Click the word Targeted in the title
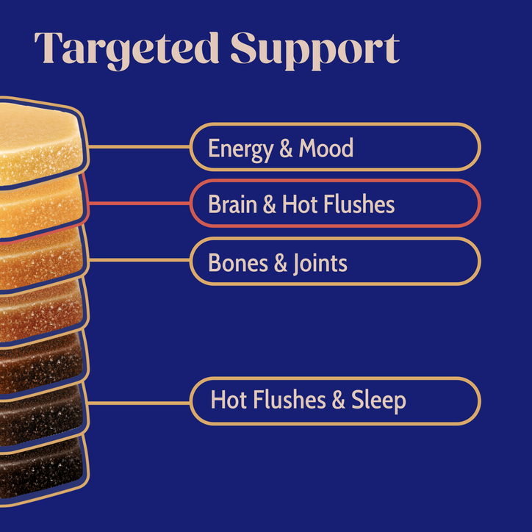coord(126,51)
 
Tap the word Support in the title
coord(315,51)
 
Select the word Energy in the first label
coord(241,149)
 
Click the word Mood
coord(326,148)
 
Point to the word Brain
coord(233,204)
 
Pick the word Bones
coord(238,262)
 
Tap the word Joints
coord(320,264)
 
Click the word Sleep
coord(378,400)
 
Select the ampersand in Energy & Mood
coord(286,148)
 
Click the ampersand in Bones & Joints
coord(281,263)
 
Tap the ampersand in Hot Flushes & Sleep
coord(338,400)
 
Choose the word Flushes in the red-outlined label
coord(359,204)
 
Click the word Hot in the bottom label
coord(229,400)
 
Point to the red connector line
coord(140,204)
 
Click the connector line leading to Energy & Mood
coord(140,146)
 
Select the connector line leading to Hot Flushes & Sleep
coord(139,403)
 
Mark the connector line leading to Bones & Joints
coord(140,260)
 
